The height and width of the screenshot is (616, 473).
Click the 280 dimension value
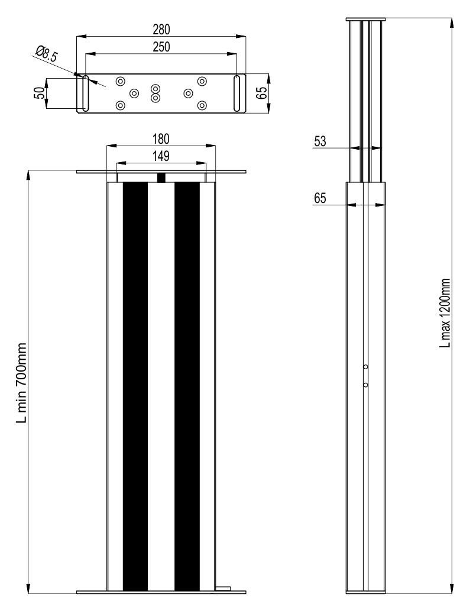pyautogui.click(x=161, y=30)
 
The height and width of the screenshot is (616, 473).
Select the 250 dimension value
pyautogui.click(x=161, y=47)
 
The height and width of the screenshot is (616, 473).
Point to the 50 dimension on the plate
pyautogui.click(x=40, y=93)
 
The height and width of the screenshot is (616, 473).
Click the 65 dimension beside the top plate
pyautogui.click(x=261, y=93)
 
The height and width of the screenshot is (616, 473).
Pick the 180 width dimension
pyautogui.click(x=161, y=139)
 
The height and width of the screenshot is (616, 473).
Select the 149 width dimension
pyautogui.click(x=161, y=156)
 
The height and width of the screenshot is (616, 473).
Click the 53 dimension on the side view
pyautogui.click(x=320, y=141)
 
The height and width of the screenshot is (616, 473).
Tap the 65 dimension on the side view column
pyautogui.click(x=320, y=198)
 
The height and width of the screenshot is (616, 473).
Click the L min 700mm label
pyautogui.click(x=22, y=383)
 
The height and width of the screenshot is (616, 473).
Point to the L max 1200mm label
pyautogui.click(x=445, y=313)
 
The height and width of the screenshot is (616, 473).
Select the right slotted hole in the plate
pyautogui.click(x=237, y=93)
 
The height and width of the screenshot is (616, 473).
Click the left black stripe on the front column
pyautogui.click(x=135, y=386)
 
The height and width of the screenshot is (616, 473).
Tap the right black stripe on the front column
pyautogui.click(x=187, y=386)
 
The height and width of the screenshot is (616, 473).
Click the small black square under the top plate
pyautogui.click(x=161, y=178)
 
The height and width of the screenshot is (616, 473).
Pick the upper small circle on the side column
pyautogui.click(x=366, y=366)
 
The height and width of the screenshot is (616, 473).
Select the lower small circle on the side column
pyautogui.click(x=366, y=385)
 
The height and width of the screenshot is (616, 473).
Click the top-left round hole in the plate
pyautogui.click(x=121, y=81)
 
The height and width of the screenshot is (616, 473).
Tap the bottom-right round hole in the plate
pyautogui.click(x=202, y=105)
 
